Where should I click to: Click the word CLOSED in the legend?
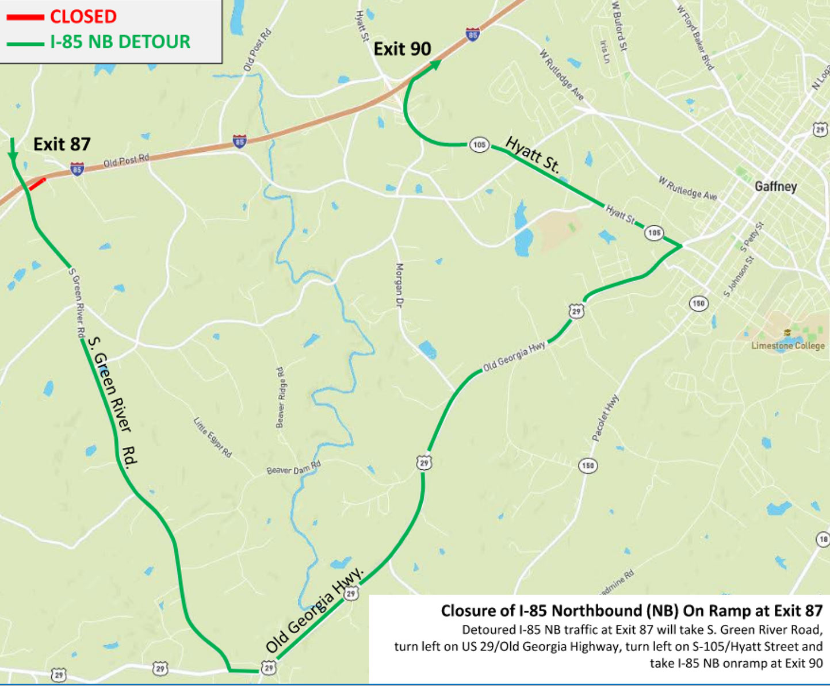coord(83,17)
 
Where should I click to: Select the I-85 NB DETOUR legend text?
coord(120,42)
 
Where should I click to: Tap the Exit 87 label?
coord(62,144)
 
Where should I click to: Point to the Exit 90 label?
coord(402,49)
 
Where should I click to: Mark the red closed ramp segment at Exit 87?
coord(37,184)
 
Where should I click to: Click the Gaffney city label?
coord(775,186)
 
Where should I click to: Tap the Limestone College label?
coord(787,345)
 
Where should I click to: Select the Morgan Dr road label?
coord(399,286)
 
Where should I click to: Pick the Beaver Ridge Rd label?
coord(280,397)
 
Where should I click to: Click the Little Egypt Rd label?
coord(212,438)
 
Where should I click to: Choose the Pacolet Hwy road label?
coord(606,418)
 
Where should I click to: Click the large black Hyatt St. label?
coord(533,154)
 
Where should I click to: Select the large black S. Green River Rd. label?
coord(113,403)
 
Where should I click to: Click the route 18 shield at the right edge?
coord(823,539)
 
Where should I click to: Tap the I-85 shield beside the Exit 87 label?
coord(77,169)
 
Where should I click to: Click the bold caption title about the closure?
coord(631,611)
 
